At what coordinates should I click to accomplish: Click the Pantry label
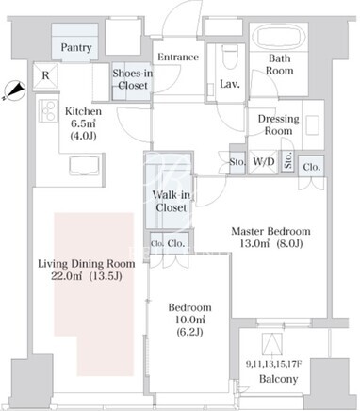(x=76, y=47)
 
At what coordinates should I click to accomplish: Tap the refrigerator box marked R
(x=46, y=75)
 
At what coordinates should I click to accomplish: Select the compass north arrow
(x=14, y=90)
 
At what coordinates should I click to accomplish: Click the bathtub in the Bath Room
(x=279, y=37)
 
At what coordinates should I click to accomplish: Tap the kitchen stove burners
(x=48, y=110)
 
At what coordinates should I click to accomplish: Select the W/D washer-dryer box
(x=264, y=162)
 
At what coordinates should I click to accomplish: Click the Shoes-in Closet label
(x=133, y=79)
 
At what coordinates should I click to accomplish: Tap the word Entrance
(x=178, y=57)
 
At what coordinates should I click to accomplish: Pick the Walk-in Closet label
(x=172, y=201)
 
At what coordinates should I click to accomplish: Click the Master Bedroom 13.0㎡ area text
(x=270, y=238)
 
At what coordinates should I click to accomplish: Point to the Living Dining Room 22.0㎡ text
(x=87, y=270)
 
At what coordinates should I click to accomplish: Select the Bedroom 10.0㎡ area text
(x=189, y=320)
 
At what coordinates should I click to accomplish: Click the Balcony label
(x=278, y=379)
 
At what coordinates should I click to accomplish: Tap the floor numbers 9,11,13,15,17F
(x=273, y=365)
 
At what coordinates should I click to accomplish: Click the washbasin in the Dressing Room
(x=313, y=125)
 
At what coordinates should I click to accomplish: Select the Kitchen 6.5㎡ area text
(x=83, y=123)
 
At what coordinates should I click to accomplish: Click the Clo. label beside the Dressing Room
(x=313, y=167)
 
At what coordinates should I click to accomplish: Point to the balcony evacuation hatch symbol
(x=272, y=344)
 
